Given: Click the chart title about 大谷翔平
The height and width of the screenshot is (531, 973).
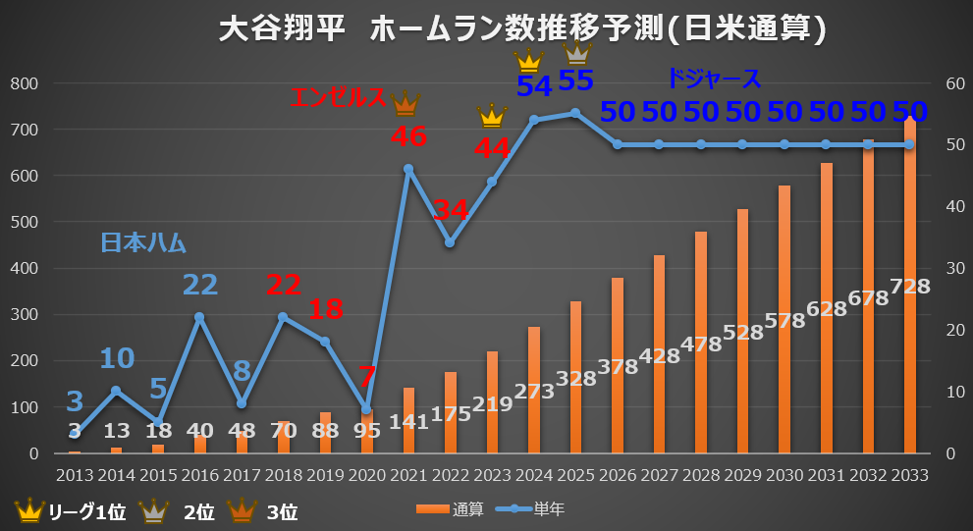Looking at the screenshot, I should (x=521, y=28).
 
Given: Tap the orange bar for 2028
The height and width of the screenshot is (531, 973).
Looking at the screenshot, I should (x=701, y=344).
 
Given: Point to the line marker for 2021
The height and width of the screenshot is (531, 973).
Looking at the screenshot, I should (x=408, y=169).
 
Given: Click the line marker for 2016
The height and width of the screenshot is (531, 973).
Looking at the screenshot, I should (x=199, y=317).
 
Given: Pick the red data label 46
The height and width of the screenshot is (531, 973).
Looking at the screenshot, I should (x=408, y=136).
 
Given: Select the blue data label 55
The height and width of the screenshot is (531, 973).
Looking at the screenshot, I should (x=576, y=80).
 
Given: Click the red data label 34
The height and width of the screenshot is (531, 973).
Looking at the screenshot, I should (x=451, y=210).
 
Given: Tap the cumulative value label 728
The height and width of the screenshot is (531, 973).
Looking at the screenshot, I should (x=910, y=287).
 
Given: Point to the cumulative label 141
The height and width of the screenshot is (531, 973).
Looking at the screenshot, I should (x=408, y=421).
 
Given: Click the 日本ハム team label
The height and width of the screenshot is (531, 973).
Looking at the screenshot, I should (x=143, y=242).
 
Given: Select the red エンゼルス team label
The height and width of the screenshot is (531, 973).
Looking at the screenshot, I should (x=339, y=96).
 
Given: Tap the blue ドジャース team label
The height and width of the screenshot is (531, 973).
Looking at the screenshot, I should (x=714, y=79).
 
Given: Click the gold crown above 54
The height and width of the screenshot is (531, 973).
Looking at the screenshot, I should (x=529, y=61).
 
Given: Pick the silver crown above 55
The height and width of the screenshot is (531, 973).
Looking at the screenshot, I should (x=576, y=51).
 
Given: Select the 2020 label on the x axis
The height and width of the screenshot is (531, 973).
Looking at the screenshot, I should (x=366, y=475).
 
